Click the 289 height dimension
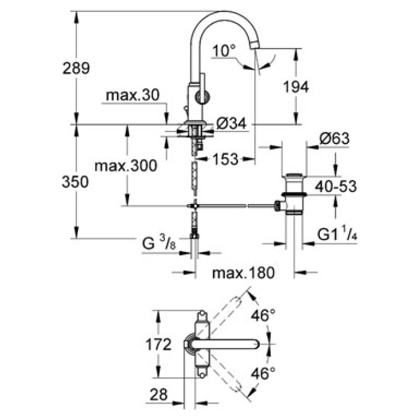click(76, 68)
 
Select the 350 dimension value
click(76, 181)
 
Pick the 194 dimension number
click(296, 87)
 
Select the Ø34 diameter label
click(230, 124)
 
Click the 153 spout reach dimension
click(226, 158)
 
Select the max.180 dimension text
click(244, 273)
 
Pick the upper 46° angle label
click(263, 314)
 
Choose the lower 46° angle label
click(263, 373)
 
